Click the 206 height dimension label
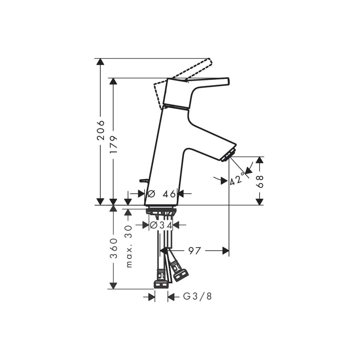[101, 131]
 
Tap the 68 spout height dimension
[260, 182]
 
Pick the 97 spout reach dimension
[194, 251]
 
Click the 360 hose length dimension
[113, 248]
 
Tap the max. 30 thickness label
[129, 247]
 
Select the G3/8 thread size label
[197, 296]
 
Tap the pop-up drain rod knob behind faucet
[143, 181]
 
